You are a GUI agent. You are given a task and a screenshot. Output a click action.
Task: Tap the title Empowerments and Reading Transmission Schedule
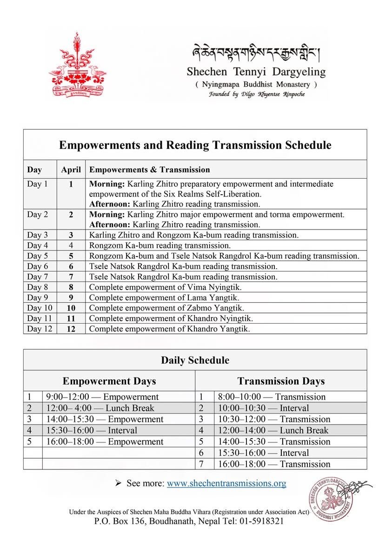point(195,145)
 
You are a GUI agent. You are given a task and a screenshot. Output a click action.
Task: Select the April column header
point(71,169)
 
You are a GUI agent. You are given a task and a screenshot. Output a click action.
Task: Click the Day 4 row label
point(38,245)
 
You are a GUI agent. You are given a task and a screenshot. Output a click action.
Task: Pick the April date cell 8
point(71,287)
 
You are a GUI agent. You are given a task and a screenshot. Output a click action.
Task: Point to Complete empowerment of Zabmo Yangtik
point(166,308)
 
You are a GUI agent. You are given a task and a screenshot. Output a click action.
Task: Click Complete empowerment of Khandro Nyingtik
point(171,318)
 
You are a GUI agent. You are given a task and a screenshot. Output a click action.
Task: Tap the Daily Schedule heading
point(195,360)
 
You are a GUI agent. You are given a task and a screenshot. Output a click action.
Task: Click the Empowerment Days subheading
point(109,381)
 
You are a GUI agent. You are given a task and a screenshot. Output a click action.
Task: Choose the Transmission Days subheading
point(281,381)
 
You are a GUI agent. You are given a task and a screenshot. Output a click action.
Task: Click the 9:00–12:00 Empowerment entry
point(102,397)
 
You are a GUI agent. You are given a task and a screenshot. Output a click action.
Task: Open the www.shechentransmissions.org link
point(226,483)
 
